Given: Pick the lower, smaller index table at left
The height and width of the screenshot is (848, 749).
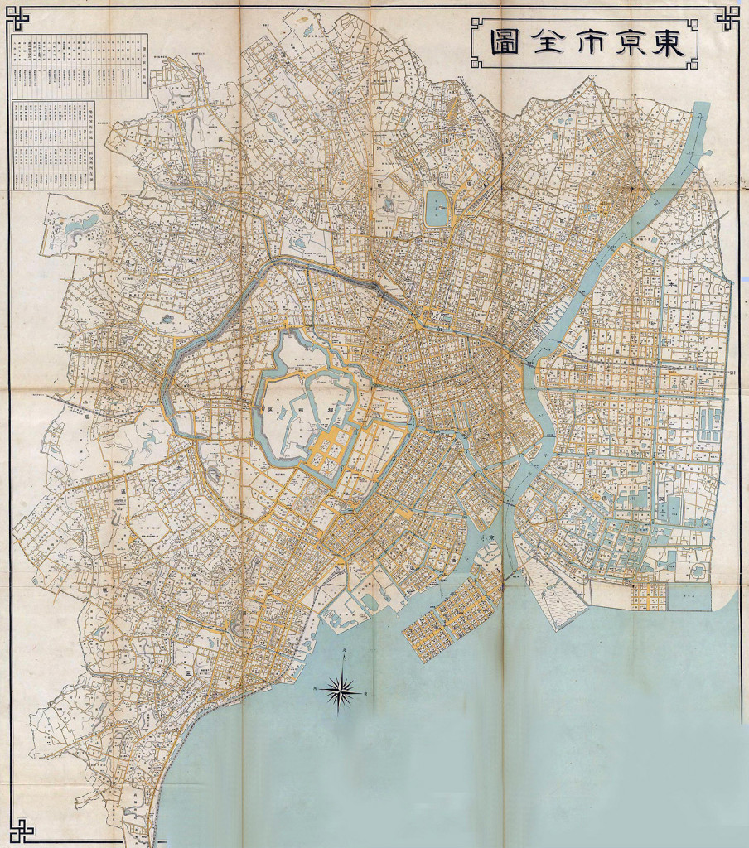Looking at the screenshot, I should coord(54,145).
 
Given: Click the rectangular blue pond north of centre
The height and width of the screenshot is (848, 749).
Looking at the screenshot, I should coord(436,209).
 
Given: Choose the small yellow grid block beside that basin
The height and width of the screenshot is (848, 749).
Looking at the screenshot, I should coord(649,595).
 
